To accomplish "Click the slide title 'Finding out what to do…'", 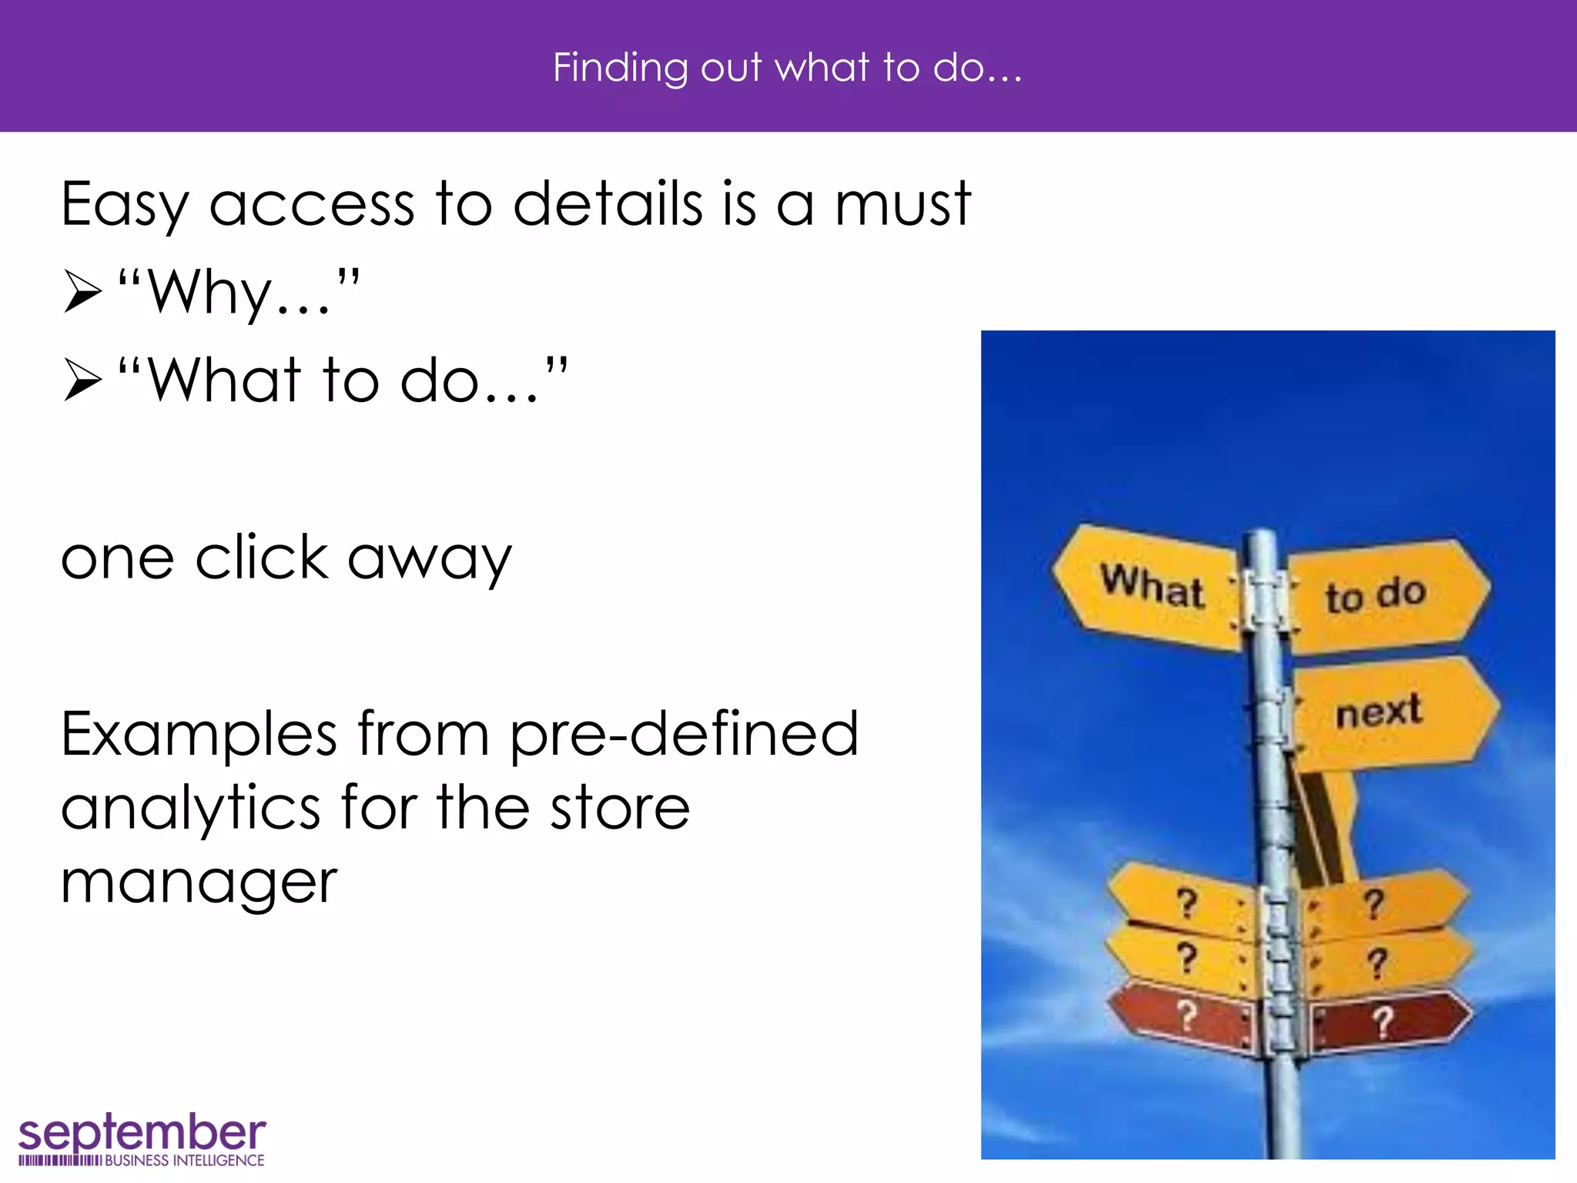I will [x=787, y=68].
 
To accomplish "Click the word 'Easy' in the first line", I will [x=123, y=205].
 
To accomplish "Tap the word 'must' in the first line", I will [x=902, y=205].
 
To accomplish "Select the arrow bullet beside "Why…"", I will [x=82, y=292].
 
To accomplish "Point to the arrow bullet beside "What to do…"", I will [x=82, y=380].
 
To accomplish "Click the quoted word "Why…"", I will [x=239, y=293].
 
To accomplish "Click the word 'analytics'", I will [x=190, y=809].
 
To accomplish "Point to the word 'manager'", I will [x=199, y=883].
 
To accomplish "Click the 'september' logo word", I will [x=142, y=1132].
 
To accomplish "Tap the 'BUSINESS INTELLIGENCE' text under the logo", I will [x=184, y=1161].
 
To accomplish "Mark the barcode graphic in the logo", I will [x=59, y=1161].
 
